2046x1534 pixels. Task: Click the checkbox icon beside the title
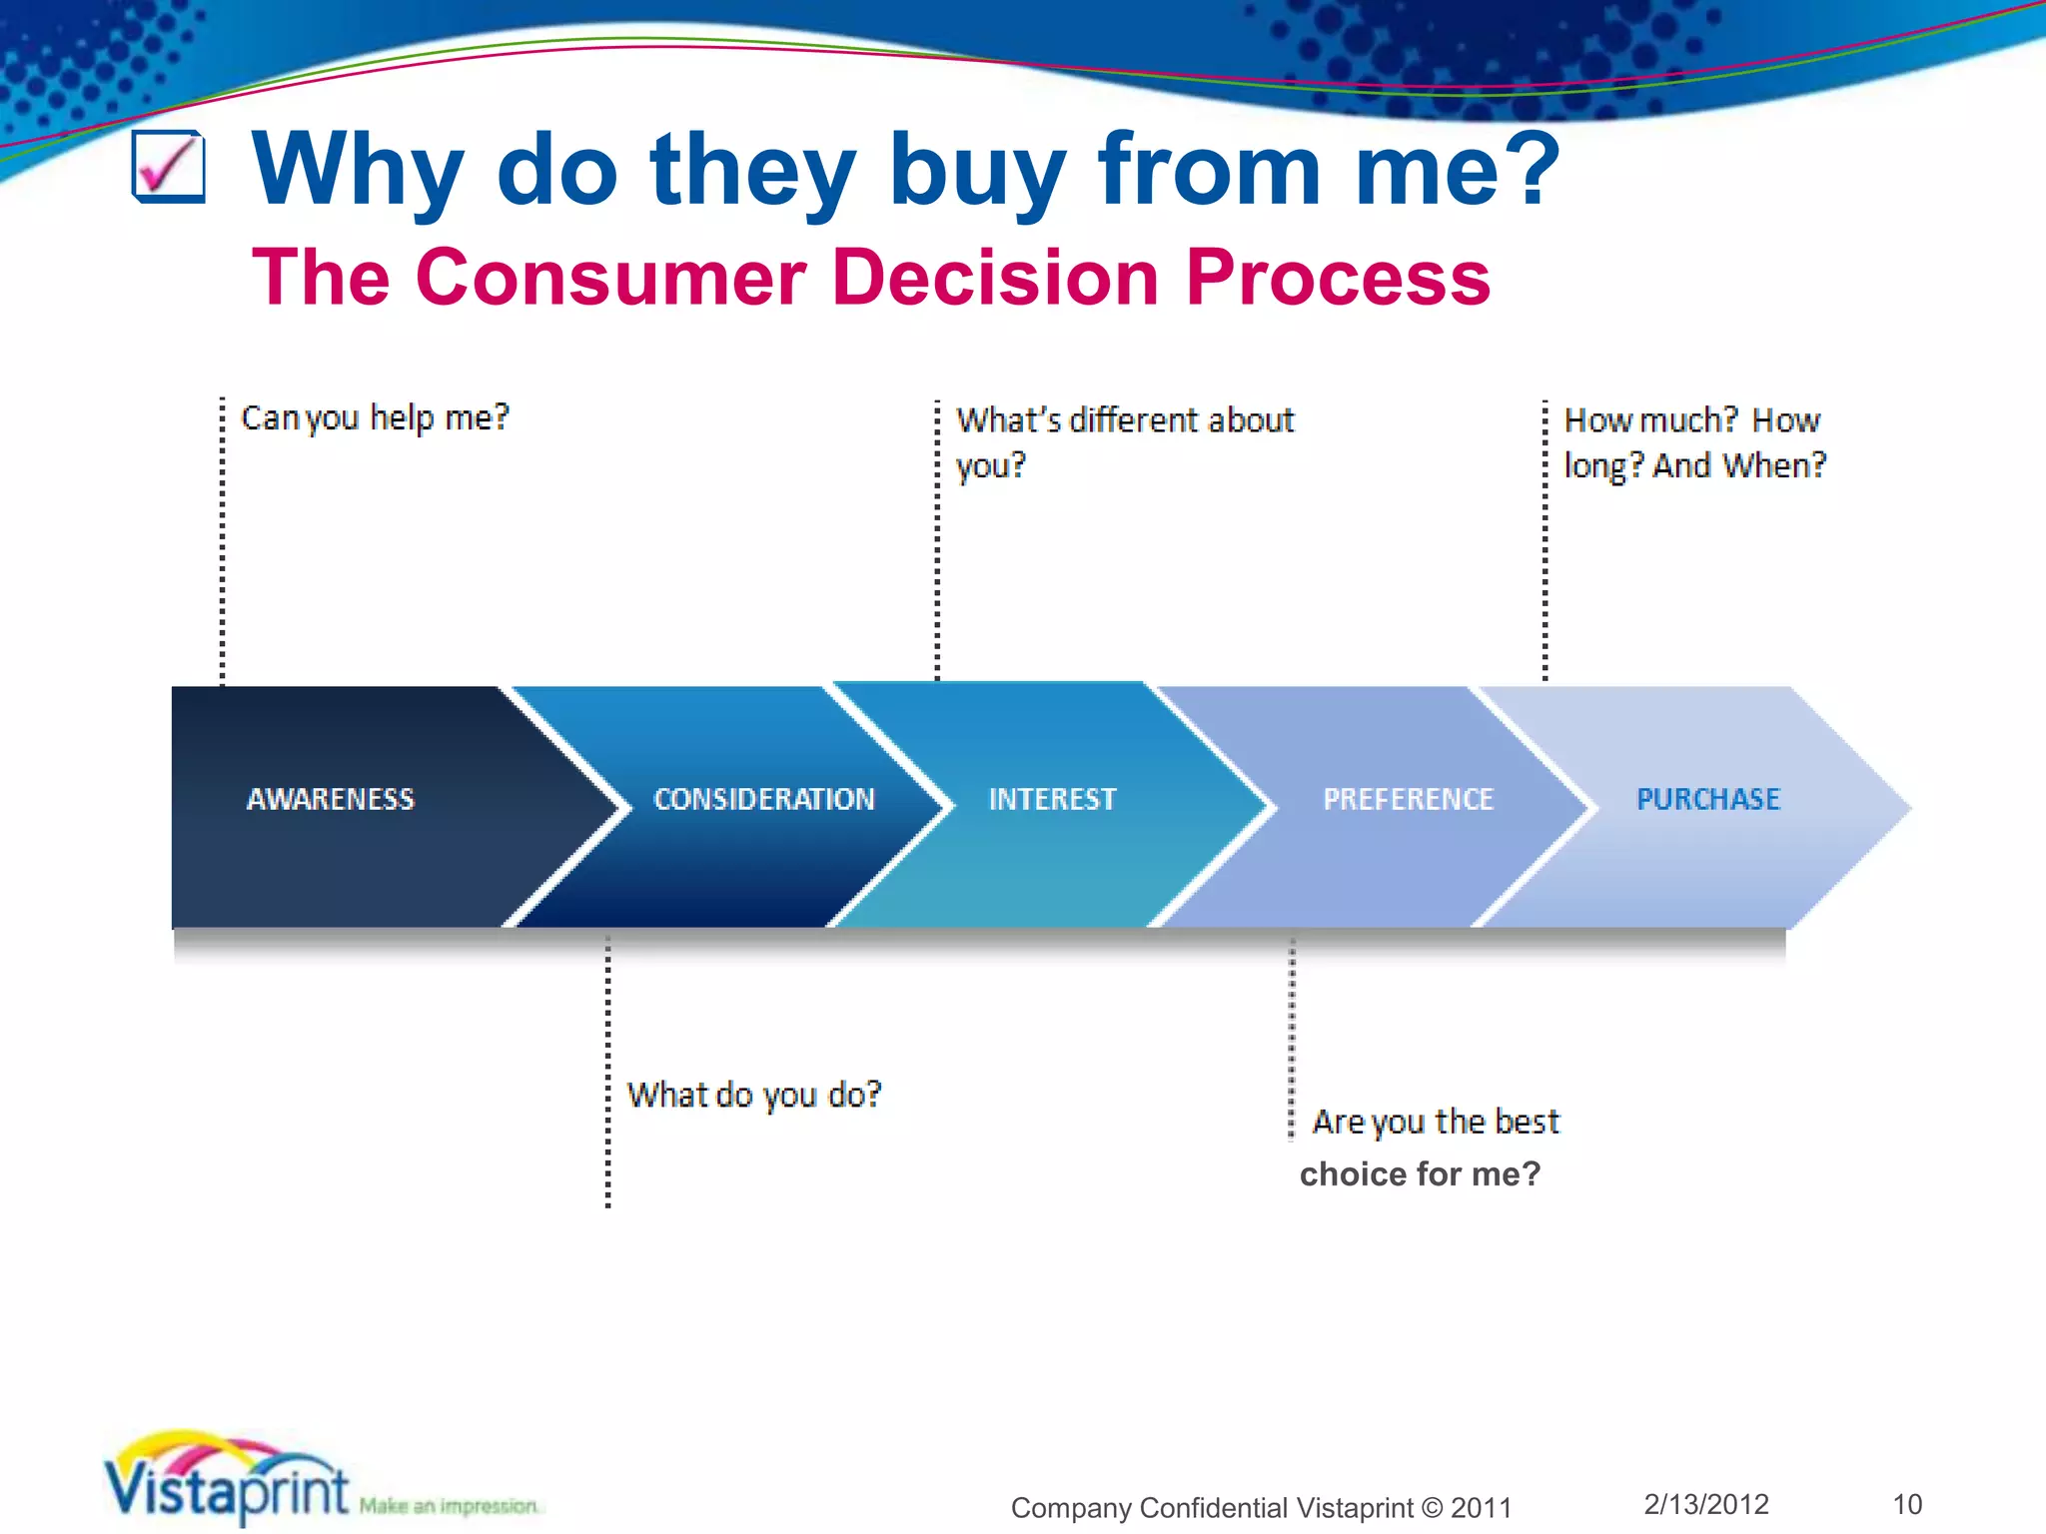point(169,167)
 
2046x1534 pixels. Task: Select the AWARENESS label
point(331,799)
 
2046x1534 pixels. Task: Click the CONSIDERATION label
point(764,799)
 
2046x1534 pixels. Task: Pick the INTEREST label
point(1052,799)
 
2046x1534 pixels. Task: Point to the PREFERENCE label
point(1408,799)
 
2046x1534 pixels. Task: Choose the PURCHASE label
point(1708,799)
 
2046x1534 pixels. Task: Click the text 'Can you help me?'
point(376,417)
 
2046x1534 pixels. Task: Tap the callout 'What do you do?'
point(754,1096)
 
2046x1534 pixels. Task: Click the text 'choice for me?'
point(1420,1173)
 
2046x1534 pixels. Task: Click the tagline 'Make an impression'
point(449,1506)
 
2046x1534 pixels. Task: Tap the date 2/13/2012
point(1706,1504)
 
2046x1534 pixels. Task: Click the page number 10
point(1907,1504)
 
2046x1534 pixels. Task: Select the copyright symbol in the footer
point(1433,1508)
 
